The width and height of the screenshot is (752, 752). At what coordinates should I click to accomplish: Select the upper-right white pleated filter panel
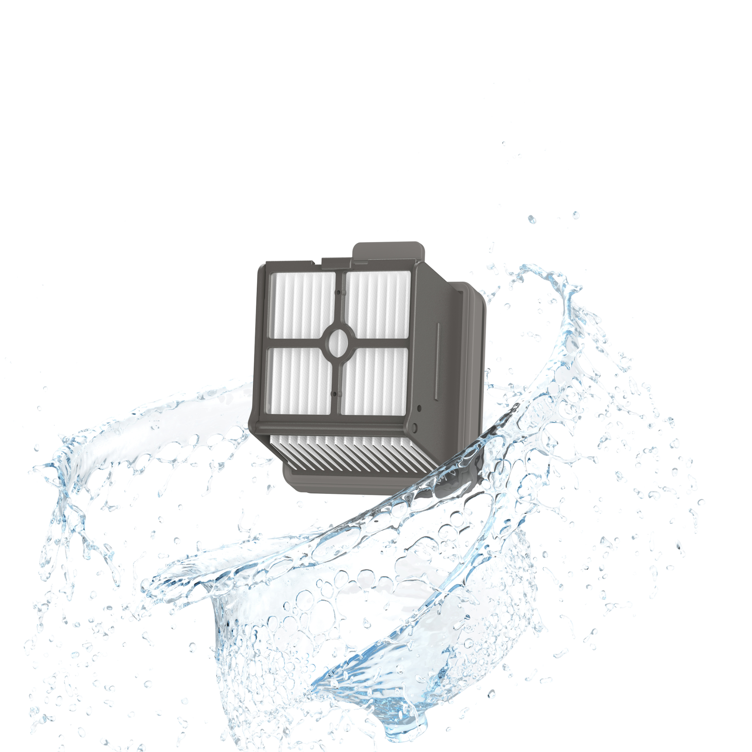pos(378,303)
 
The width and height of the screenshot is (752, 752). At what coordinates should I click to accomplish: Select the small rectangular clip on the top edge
pos(337,262)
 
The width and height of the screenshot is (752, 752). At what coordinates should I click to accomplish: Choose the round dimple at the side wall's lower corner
pos(414,427)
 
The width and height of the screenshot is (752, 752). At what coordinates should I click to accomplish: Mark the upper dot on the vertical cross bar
pos(338,292)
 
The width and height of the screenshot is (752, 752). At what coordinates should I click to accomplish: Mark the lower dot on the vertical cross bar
pos(334,394)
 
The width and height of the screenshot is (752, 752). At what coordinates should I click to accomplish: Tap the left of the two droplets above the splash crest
pos(532,220)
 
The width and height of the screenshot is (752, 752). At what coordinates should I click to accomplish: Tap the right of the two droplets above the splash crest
pos(575,215)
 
